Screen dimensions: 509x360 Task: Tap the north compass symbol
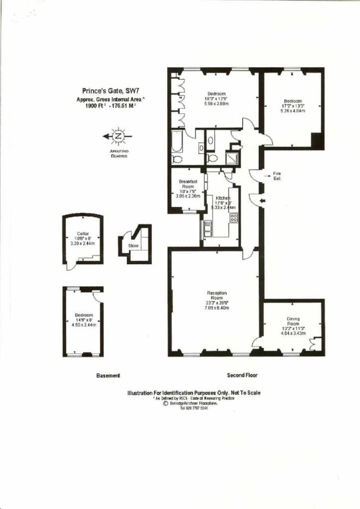118,136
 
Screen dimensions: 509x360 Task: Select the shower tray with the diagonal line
232,157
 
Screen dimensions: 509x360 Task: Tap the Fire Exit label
277,175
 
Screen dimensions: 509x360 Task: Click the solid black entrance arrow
263,200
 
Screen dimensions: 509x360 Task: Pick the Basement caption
108,376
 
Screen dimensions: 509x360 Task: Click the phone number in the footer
194,409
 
